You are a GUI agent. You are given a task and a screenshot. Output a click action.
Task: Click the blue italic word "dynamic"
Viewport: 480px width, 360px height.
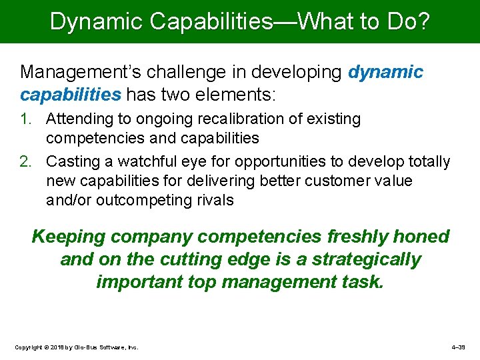pos(385,71)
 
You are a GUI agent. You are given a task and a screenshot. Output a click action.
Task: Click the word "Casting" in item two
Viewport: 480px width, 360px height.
pos(72,162)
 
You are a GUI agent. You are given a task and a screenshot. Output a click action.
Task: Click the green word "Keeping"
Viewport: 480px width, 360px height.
pos(69,237)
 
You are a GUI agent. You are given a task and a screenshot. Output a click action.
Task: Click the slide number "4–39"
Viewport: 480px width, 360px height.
pos(460,347)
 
